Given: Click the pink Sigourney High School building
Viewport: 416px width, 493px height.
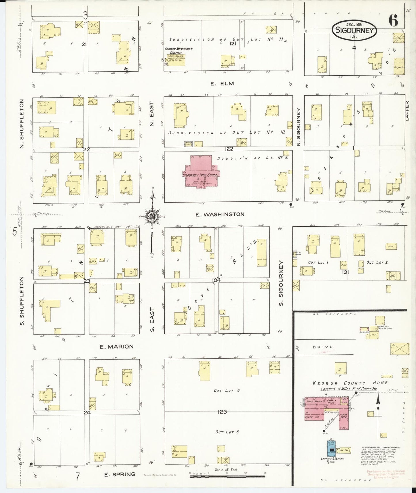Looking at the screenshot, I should click(x=201, y=173).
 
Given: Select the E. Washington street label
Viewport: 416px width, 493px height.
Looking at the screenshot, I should click(x=220, y=214).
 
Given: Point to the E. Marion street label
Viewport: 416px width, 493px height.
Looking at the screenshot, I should click(x=117, y=347).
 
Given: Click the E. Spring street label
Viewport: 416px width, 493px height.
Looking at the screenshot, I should click(x=119, y=474).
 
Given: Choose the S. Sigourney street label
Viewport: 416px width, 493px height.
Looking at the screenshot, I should click(x=281, y=283).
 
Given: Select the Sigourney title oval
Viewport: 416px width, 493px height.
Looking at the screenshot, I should click(x=354, y=30).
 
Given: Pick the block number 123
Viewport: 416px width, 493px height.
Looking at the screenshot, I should click(x=222, y=412).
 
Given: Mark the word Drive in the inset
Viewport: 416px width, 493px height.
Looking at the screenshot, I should click(x=323, y=347).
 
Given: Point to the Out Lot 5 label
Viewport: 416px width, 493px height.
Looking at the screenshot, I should click(x=227, y=432).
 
